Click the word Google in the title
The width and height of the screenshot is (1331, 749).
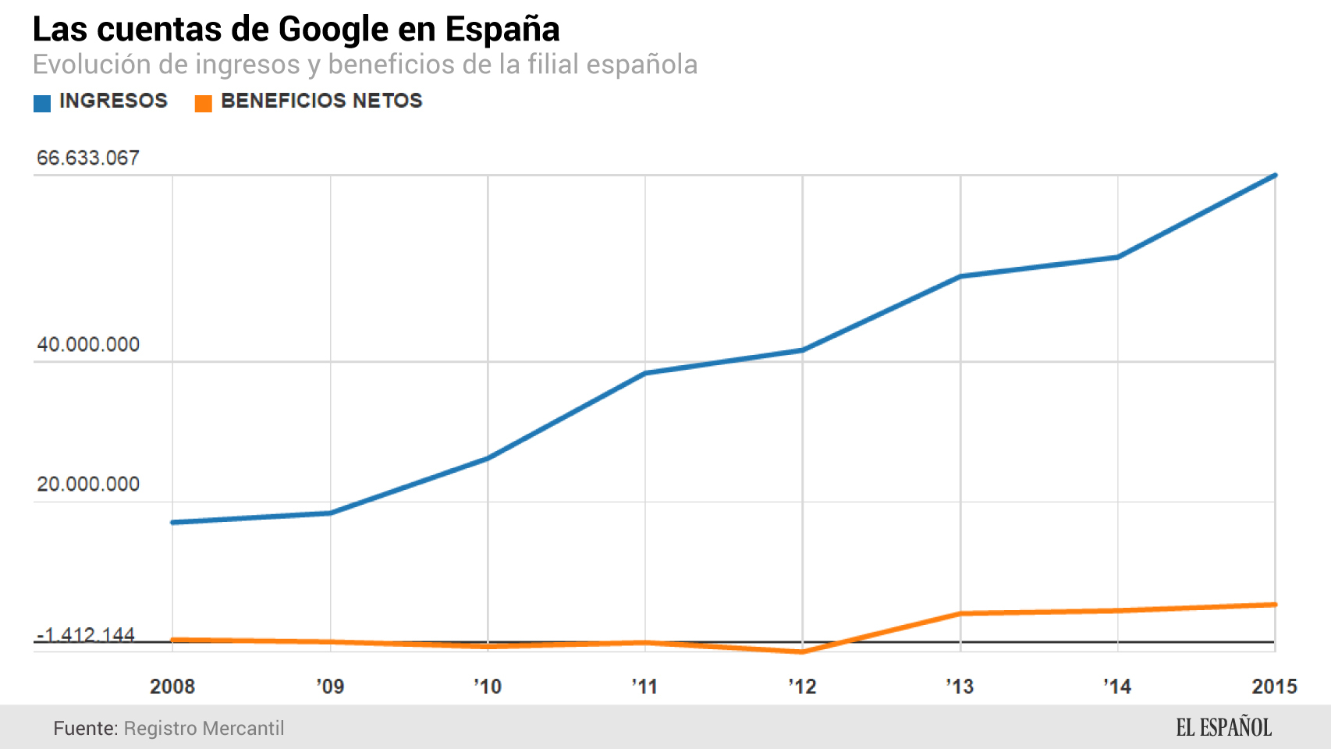coord(333,30)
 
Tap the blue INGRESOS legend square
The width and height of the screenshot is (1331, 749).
coord(42,103)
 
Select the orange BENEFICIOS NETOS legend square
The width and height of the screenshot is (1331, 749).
coord(203,103)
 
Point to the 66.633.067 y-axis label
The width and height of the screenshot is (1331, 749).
coord(87,158)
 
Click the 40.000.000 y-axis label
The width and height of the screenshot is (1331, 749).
coord(87,345)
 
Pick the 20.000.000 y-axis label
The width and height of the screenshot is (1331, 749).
coord(87,485)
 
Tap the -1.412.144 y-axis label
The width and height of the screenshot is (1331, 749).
coord(86,635)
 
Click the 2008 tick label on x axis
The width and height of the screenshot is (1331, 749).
coord(172,687)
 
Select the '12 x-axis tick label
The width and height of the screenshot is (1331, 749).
coord(802,687)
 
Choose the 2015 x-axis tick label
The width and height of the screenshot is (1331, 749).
coord(1274,687)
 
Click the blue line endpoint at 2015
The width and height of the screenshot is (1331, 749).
coord(1275,176)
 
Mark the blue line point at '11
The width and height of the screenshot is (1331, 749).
coord(645,373)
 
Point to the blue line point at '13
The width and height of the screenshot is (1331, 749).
coord(960,276)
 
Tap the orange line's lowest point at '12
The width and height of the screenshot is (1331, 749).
coord(802,651)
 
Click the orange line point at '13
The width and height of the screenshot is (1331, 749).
coord(960,614)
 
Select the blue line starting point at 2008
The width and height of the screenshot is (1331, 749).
coord(173,522)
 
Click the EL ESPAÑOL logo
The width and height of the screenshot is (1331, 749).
coord(1223,728)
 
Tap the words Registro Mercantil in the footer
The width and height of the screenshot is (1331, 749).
coord(204,729)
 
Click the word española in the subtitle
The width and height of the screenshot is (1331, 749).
coord(641,65)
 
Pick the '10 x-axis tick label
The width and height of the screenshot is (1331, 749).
coord(488,687)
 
